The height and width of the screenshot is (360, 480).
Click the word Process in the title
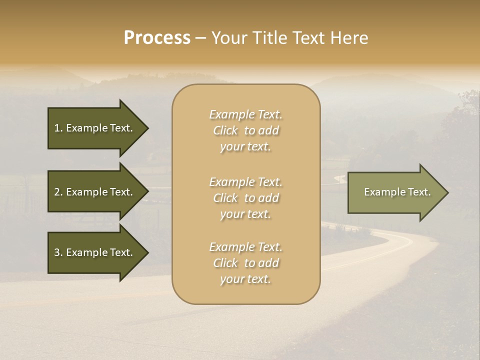tap(157, 38)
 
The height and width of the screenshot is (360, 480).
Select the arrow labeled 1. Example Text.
tap(95, 128)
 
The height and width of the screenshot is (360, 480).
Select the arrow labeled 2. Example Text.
tap(95, 192)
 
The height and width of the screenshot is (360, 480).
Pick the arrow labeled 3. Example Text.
tap(95, 252)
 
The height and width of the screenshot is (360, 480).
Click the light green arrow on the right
tap(395, 192)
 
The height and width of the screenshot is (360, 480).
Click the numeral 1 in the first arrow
tap(57, 128)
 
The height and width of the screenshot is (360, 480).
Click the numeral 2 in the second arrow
tap(57, 192)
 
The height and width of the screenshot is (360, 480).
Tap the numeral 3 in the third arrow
tap(57, 252)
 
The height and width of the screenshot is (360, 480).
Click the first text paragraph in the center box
tap(246, 130)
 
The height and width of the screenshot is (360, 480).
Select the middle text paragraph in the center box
tap(246, 198)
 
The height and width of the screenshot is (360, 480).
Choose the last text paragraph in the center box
tap(246, 263)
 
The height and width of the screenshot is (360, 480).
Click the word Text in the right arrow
tap(419, 192)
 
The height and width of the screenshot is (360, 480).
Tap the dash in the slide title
tap(200, 38)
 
